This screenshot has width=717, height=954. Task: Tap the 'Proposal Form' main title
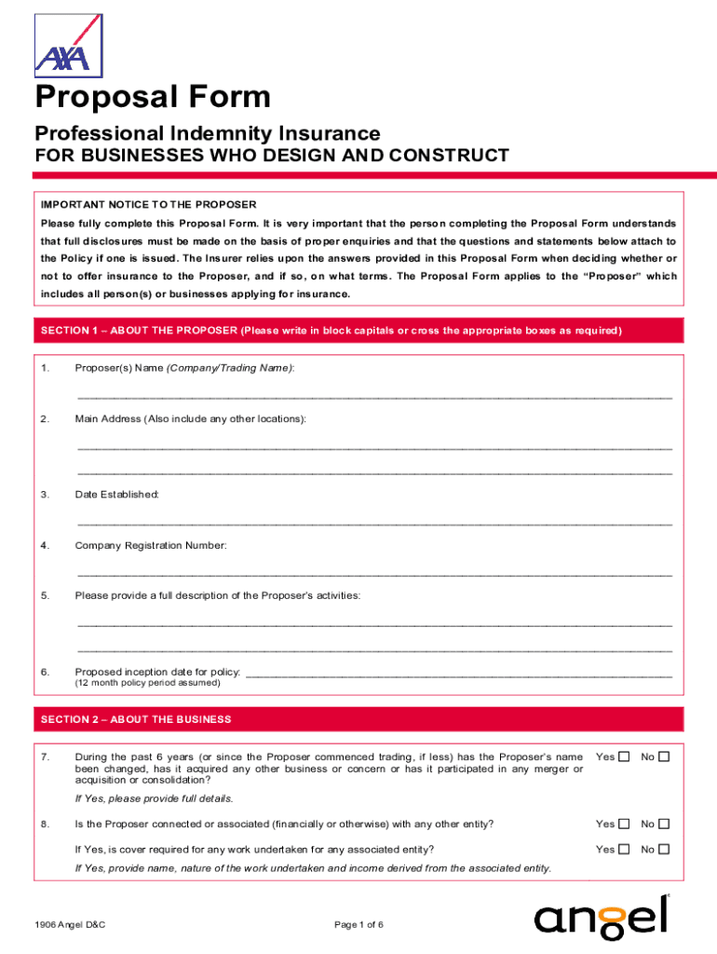point(153,97)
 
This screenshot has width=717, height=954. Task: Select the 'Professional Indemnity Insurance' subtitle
point(208,133)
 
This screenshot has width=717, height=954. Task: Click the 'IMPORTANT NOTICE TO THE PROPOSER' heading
point(148,204)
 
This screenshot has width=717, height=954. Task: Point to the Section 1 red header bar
point(358,332)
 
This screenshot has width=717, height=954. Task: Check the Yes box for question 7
point(624,756)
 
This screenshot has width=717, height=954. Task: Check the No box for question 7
point(664,756)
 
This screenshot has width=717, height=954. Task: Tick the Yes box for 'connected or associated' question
point(624,824)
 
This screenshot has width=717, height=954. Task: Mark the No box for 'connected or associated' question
point(664,824)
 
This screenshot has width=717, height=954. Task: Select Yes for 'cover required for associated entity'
point(624,849)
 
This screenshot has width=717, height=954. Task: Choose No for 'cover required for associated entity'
point(664,849)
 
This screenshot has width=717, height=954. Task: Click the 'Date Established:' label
point(117,494)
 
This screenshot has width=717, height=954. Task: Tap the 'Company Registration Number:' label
point(151,545)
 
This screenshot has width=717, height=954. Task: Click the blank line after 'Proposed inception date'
point(457,673)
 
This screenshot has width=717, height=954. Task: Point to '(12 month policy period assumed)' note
point(148,683)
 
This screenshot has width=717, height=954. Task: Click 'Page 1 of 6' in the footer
point(358,924)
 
